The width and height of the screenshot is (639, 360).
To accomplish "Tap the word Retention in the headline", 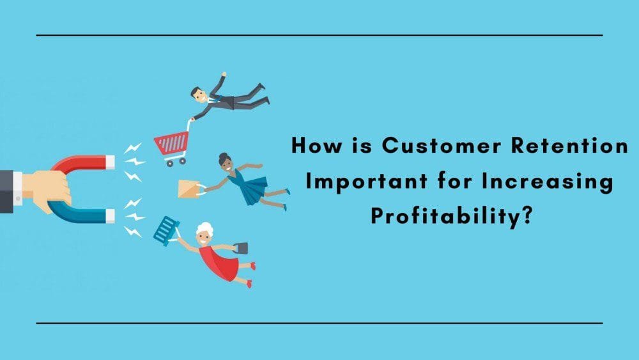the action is (570, 146).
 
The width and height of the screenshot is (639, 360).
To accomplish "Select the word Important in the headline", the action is (366, 182).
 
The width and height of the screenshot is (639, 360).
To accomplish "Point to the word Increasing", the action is (548, 182).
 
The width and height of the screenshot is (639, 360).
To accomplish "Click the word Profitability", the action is (445, 216).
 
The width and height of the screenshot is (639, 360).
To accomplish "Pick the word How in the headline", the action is (317, 146).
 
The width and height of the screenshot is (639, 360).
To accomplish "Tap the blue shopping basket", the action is (166, 231).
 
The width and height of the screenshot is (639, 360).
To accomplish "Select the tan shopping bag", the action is (189, 189).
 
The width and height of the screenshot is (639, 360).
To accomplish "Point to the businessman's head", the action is (199, 95).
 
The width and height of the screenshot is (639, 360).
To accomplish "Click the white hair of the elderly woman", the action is (204, 229).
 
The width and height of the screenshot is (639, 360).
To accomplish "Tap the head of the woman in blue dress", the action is (226, 161).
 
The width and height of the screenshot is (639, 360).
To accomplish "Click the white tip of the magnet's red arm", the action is (110, 162).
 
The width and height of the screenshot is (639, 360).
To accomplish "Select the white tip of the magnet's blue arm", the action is (110, 215).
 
